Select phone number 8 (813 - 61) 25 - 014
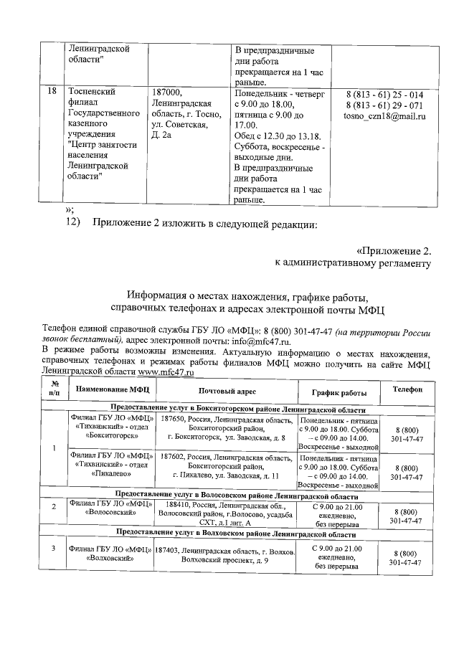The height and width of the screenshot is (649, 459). pyautogui.click(x=384, y=95)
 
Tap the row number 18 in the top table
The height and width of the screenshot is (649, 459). pyautogui.click(x=52, y=93)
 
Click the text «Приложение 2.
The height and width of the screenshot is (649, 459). pyautogui.click(x=394, y=251)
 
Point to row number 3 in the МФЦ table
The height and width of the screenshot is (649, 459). pyautogui.click(x=53, y=549)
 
